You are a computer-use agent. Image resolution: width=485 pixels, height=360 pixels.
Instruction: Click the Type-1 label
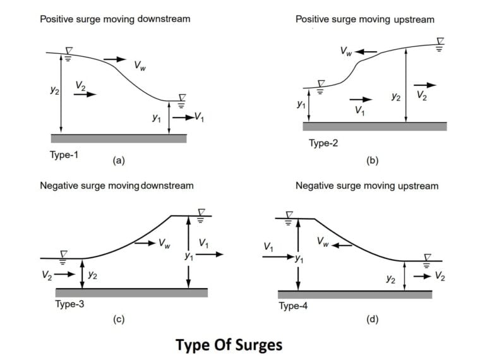[x=64, y=154]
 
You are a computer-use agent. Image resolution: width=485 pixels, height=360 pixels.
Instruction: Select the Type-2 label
[x=323, y=143]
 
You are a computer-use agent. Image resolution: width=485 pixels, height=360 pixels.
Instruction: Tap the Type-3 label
[x=69, y=304]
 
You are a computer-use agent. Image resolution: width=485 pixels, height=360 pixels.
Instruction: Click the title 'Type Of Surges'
[x=229, y=345]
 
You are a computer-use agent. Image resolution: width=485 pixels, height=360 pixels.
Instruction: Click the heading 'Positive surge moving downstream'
[x=115, y=19]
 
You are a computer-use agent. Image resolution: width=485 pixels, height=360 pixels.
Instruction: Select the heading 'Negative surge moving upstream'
[x=367, y=186]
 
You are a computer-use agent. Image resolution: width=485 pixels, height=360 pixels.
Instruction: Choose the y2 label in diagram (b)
[x=396, y=97]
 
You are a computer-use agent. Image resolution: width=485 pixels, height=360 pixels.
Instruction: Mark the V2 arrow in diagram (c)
[x=65, y=275]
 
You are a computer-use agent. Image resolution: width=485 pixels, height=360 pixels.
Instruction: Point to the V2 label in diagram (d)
[x=440, y=277]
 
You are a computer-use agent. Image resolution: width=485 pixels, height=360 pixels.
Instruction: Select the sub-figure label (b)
[x=372, y=160]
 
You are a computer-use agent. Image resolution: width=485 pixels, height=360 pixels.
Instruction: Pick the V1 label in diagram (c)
[x=204, y=243]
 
